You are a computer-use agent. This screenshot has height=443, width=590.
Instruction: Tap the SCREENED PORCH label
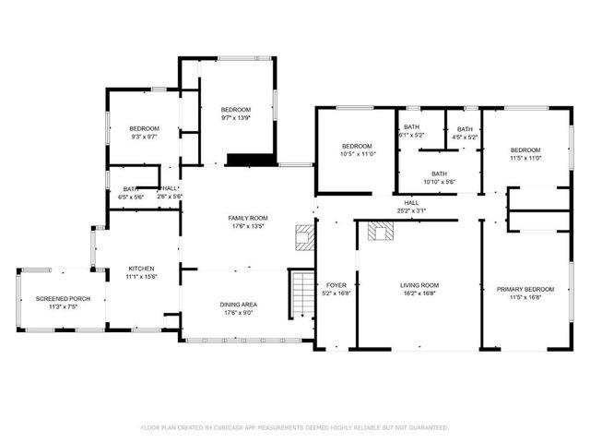58,299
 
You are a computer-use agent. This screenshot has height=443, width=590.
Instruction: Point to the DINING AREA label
238,305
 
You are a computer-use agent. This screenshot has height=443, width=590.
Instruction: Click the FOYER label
336,285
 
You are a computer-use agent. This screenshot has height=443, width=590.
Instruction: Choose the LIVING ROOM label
419,285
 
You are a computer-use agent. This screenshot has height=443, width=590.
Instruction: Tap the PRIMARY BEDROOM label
523,290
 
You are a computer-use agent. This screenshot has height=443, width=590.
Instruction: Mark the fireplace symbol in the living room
378,231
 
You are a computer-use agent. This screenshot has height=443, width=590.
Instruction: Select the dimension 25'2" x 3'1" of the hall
410,210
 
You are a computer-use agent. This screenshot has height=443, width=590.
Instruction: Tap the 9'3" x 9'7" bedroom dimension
144,137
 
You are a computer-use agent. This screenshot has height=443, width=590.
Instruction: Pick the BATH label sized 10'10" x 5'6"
439,174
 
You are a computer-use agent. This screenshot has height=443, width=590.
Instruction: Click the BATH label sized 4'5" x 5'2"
465,129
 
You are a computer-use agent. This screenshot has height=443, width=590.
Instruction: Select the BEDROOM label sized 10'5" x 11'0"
357,146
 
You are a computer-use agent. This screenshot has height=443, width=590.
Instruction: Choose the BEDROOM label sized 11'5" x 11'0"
525,150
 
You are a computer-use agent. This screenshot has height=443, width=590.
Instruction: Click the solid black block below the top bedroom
251,160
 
